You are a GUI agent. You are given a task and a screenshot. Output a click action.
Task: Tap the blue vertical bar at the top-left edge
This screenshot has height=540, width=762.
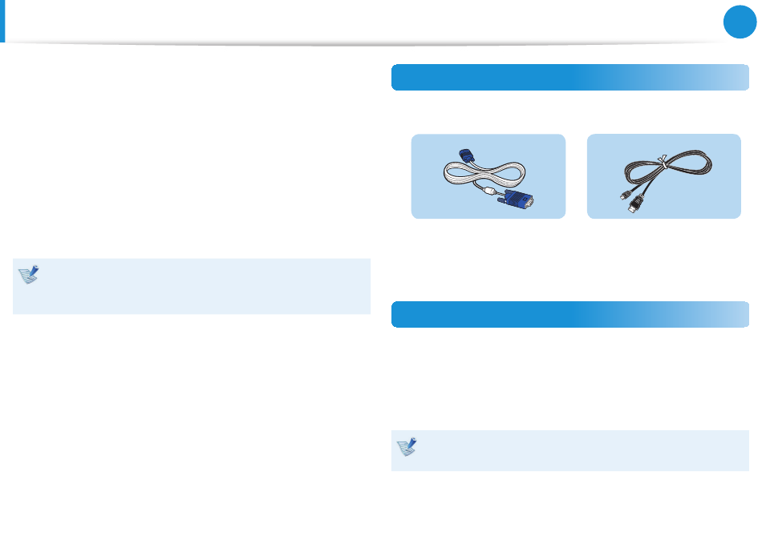(2, 21)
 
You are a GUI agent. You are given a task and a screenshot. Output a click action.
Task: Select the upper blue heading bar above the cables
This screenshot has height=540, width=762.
(569, 78)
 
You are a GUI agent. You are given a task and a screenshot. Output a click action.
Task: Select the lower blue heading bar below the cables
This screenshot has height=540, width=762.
(569, 314)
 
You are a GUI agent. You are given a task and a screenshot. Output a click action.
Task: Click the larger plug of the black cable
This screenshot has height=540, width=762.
(636, 207)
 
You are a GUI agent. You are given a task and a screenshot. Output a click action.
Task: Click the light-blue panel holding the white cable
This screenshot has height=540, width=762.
(433, 204)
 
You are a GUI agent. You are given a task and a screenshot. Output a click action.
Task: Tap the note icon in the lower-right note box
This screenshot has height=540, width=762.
(407, 447)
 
